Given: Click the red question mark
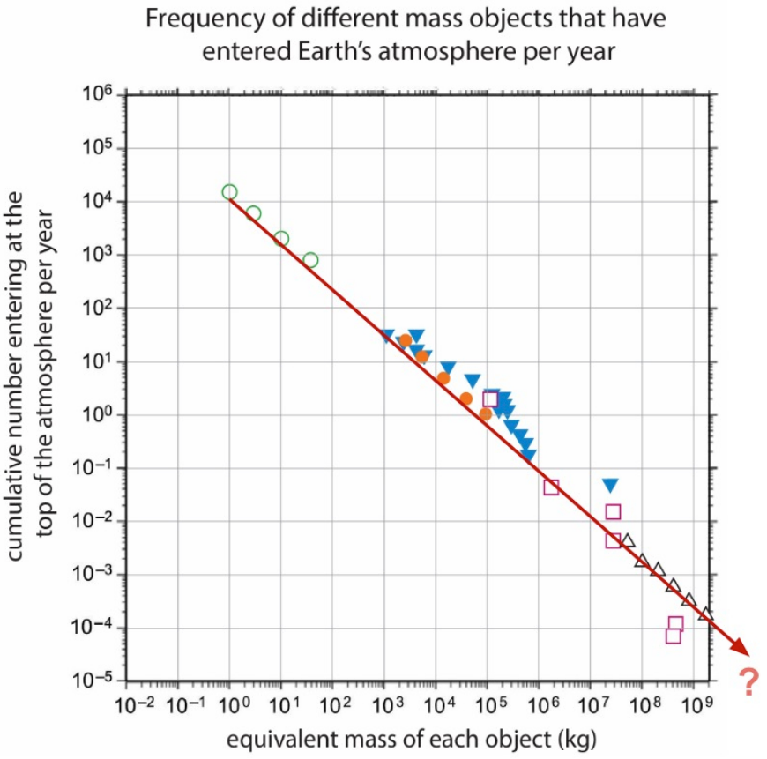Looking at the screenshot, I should click(748, 681).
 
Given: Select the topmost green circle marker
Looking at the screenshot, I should click(229, 192).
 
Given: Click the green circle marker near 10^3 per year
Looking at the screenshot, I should click(310, 260).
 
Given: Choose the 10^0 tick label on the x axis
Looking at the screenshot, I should click(229, 705).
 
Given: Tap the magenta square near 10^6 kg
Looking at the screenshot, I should click(551, 487).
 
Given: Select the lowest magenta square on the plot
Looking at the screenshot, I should click(674, 636).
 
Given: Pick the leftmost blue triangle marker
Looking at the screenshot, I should click(387, 336).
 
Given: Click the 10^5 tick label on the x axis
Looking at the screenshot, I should click(487, 705).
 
